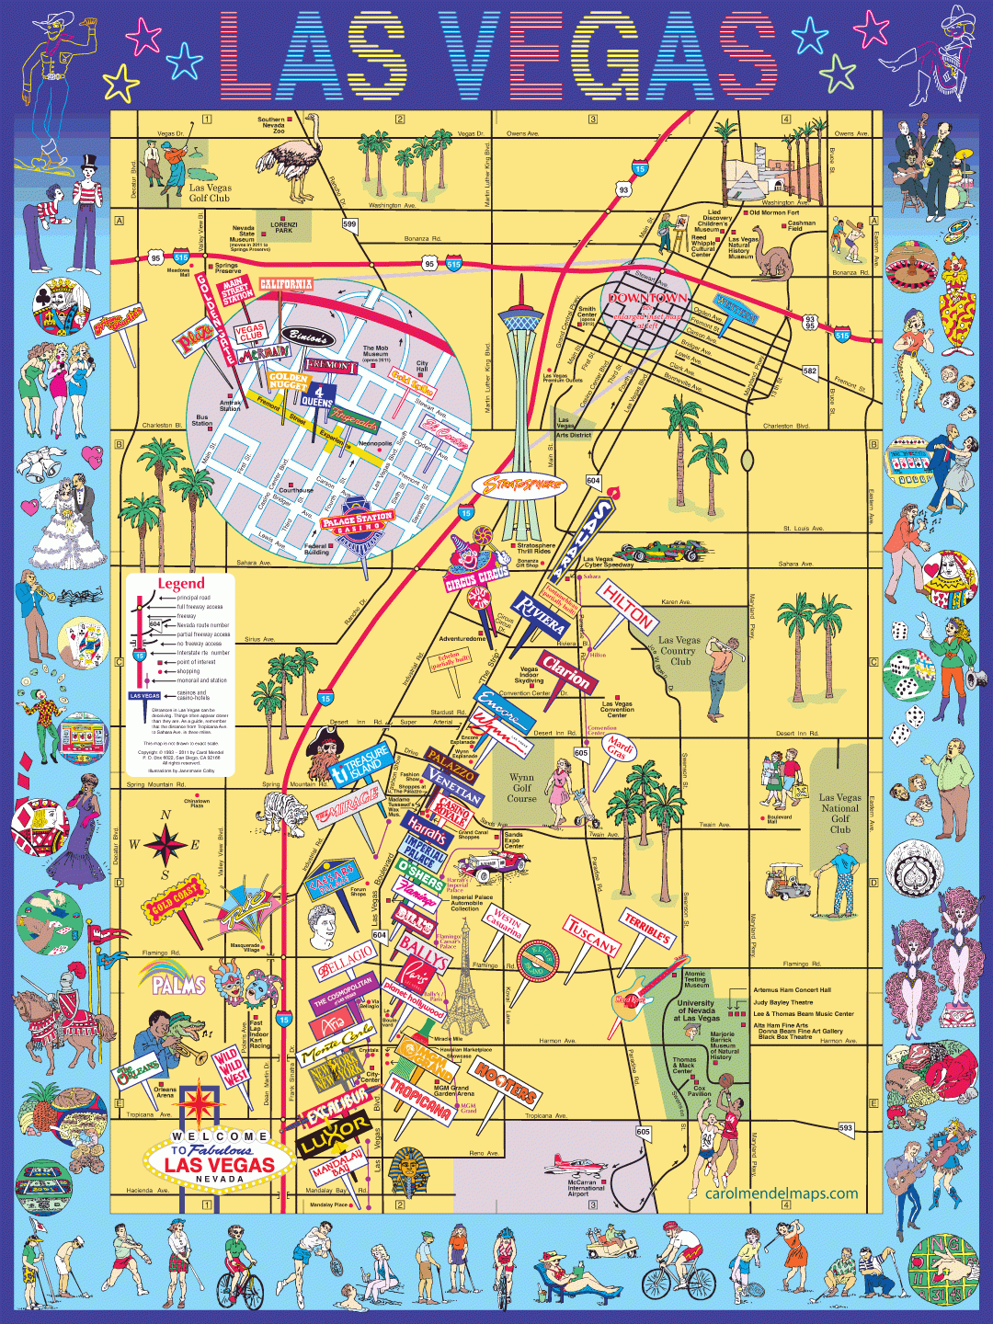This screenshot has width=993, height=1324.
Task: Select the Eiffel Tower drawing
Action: [468, 979]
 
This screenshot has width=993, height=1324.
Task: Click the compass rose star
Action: [165, 843]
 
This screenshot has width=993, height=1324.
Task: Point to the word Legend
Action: [181, 583]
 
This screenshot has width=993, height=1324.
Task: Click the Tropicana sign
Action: [420, 1097]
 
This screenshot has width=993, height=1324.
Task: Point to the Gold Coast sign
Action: [174, 900]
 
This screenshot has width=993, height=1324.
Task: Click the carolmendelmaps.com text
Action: [781, 1193]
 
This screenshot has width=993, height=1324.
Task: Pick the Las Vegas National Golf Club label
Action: [840, 813]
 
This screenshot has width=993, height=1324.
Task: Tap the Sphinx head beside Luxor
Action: [405, 1173]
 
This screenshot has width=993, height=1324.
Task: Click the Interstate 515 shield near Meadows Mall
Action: [181, 258]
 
